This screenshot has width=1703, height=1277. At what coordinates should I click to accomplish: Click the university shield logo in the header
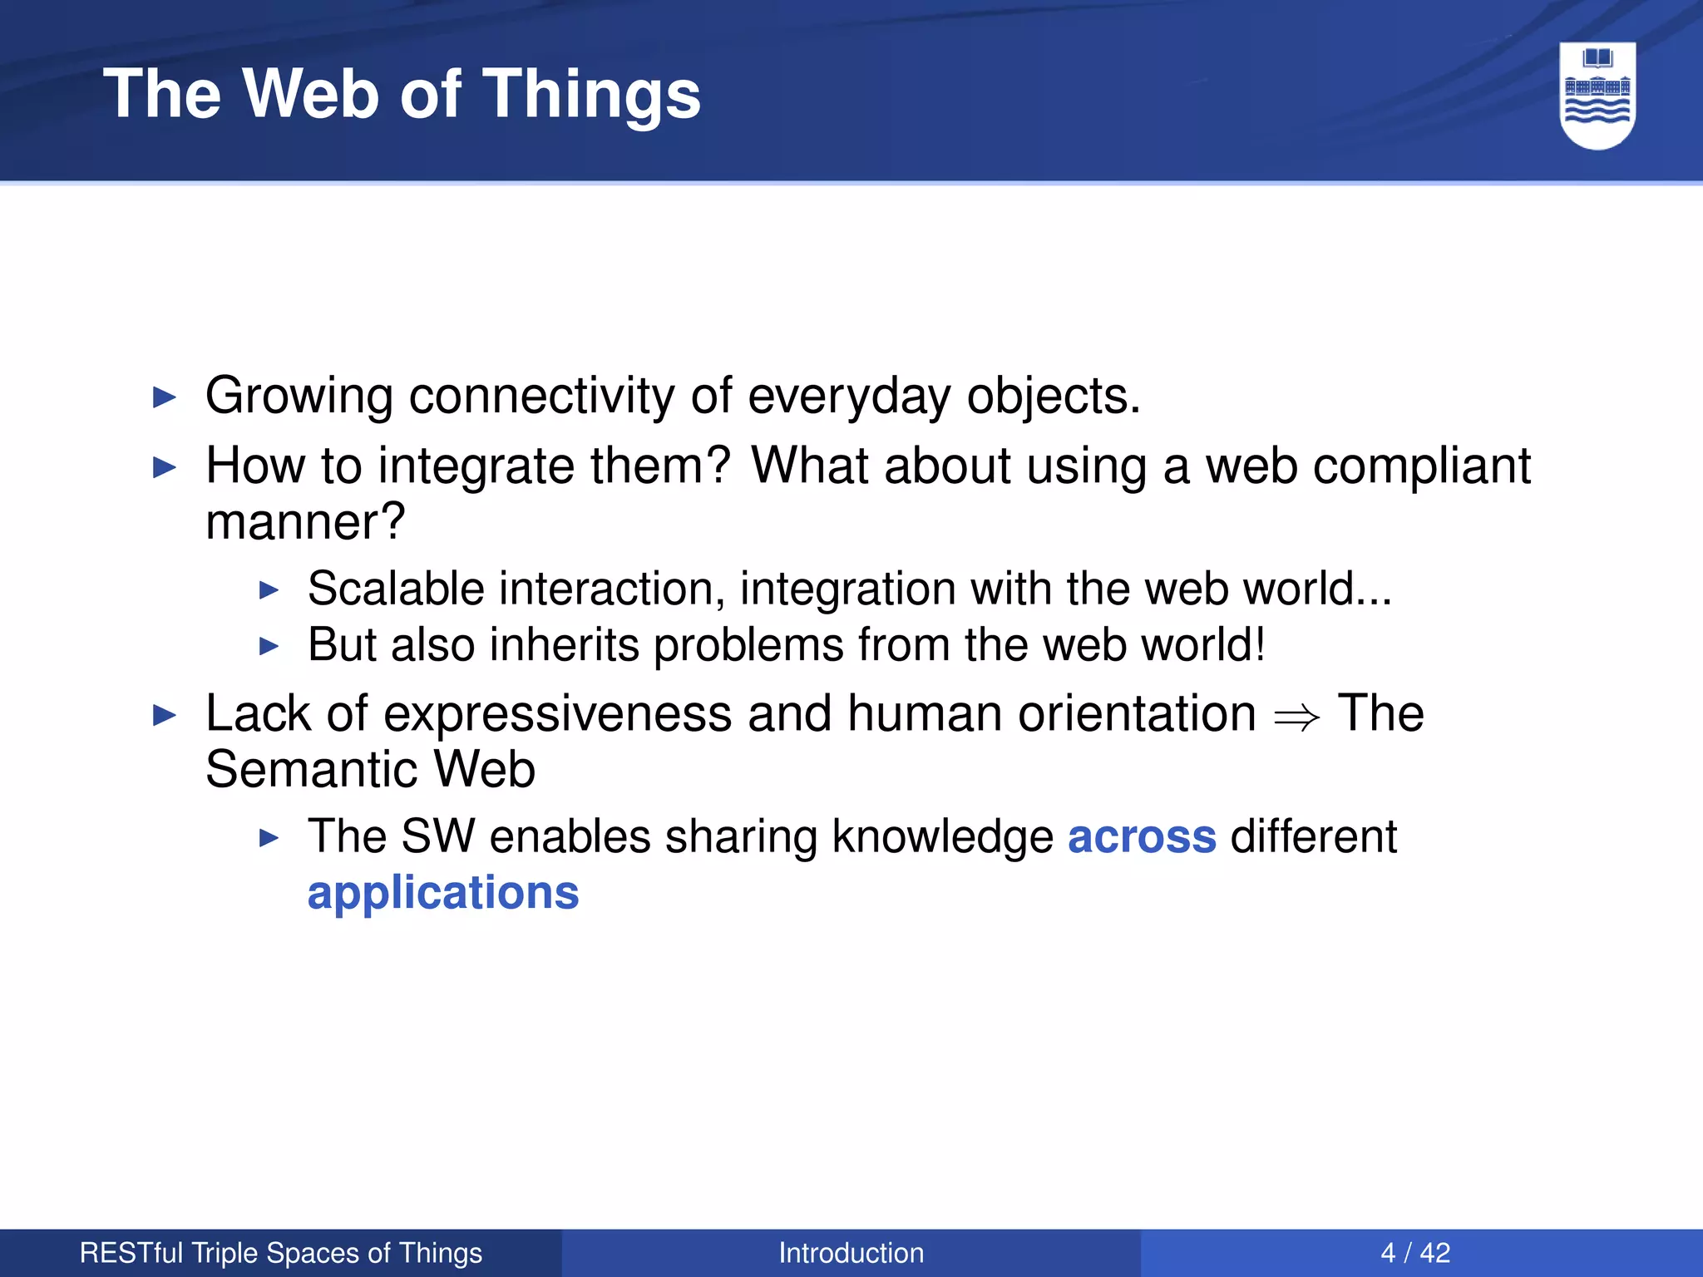point(1597,96)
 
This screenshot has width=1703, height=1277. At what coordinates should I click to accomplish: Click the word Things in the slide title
point(591,95)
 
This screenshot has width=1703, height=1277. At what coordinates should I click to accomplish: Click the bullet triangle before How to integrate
point(165,467)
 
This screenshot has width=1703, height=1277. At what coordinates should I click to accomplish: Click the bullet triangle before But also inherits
point(269,646)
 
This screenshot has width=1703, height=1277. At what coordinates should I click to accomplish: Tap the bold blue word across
point(1141,836)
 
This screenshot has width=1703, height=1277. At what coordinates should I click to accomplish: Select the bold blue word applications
point(442,894)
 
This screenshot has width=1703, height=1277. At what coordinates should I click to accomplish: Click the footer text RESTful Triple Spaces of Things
point(280,1253)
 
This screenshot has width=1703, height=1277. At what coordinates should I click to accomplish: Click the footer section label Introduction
point(851,1253)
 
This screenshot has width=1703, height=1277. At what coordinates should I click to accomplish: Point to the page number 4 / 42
point(1414,1253)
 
